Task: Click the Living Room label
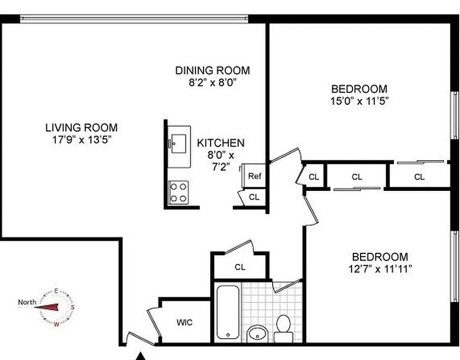point(81,127)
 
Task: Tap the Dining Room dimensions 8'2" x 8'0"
point(212,82)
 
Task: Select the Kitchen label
point(221,143)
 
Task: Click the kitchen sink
point(179,143)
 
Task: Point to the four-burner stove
point(179,192)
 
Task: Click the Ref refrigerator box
point(254,176)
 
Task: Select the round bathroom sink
point(257,334)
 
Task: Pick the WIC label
point(185,323)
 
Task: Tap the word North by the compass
point(27,302)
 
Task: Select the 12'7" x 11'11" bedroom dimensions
point(380,269)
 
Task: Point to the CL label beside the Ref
point(254,197)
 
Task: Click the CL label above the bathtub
point(240,267)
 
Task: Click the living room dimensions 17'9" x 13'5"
point(81,139)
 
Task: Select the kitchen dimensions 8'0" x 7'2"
point(221,161)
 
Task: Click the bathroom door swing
point(287,286)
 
